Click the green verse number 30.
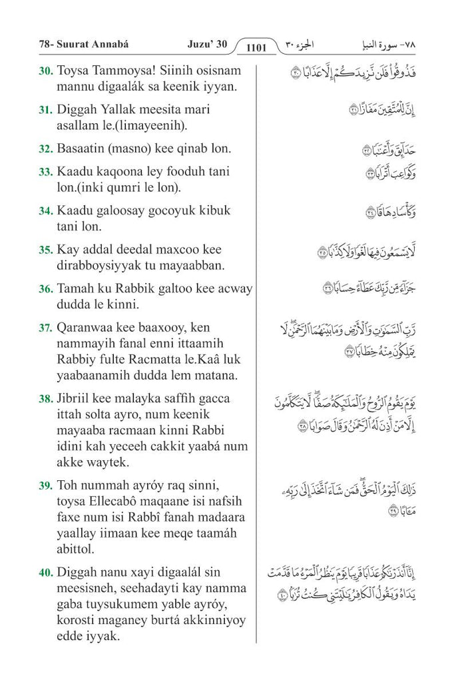[46, 71]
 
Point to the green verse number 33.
[46, 172]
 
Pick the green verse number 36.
[46, 289]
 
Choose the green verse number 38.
[46, 399]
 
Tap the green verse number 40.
[46, 572]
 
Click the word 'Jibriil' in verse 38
[75, 399]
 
